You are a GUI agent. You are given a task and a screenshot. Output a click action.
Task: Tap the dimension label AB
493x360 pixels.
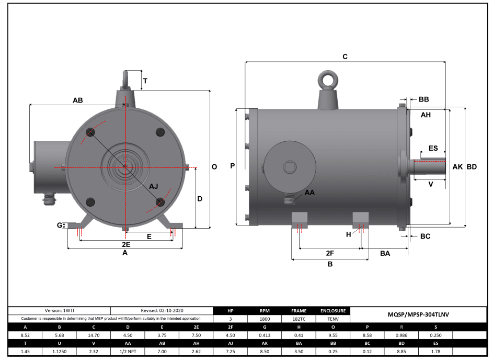77,100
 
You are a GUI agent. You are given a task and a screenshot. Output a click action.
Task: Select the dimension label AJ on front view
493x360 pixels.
153,186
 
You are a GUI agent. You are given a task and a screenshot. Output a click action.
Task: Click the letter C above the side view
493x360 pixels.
345,56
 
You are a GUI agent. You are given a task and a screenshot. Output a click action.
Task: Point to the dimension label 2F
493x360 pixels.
330,253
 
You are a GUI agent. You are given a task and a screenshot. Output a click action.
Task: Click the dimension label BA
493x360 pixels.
385,253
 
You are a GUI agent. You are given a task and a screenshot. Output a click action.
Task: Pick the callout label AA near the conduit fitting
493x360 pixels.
309,193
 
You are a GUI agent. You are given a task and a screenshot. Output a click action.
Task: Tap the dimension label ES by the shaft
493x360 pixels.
433,148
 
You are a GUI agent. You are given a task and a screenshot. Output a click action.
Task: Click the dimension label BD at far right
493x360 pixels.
472,167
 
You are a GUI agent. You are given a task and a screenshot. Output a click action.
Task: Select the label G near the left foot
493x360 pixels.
60,226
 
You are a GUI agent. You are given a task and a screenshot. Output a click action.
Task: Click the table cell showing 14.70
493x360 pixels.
94,335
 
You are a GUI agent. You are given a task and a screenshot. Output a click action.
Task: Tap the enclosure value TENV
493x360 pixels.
333,318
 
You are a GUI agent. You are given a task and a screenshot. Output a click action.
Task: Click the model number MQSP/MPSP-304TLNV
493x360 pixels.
419,314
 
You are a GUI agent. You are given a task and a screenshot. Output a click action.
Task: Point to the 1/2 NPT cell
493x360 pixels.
128,352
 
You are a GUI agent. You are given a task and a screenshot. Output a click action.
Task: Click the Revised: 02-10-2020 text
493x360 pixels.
162,310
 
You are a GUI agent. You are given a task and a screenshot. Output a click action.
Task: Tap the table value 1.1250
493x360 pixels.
60,352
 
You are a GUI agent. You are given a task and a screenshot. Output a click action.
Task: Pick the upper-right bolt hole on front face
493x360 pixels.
160,132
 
